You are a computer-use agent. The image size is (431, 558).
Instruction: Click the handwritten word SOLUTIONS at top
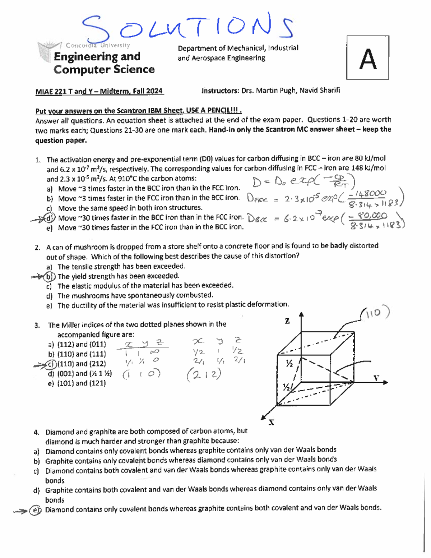click(187, 27)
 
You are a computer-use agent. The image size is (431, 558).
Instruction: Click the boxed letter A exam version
click(368, 58)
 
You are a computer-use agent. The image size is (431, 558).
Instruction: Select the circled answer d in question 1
click(50, 218)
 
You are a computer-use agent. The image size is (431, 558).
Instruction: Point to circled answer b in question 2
click(50, 277)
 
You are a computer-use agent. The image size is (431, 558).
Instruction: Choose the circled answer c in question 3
click(51, 364)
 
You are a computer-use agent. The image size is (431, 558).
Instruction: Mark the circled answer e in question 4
click(35, 510)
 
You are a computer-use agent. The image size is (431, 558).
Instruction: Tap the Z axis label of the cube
click(287, 321)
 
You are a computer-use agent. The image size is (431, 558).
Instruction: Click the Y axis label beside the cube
click(376, 378)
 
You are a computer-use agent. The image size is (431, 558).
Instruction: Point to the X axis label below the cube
click(272, 423)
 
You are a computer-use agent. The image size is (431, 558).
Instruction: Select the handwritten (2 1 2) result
click(204, 375)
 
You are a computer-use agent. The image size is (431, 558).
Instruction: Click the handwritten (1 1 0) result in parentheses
click(141, 374)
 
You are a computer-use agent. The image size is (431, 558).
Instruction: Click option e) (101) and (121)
click(77, 383)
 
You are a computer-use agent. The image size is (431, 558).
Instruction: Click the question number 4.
click(36, 432)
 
